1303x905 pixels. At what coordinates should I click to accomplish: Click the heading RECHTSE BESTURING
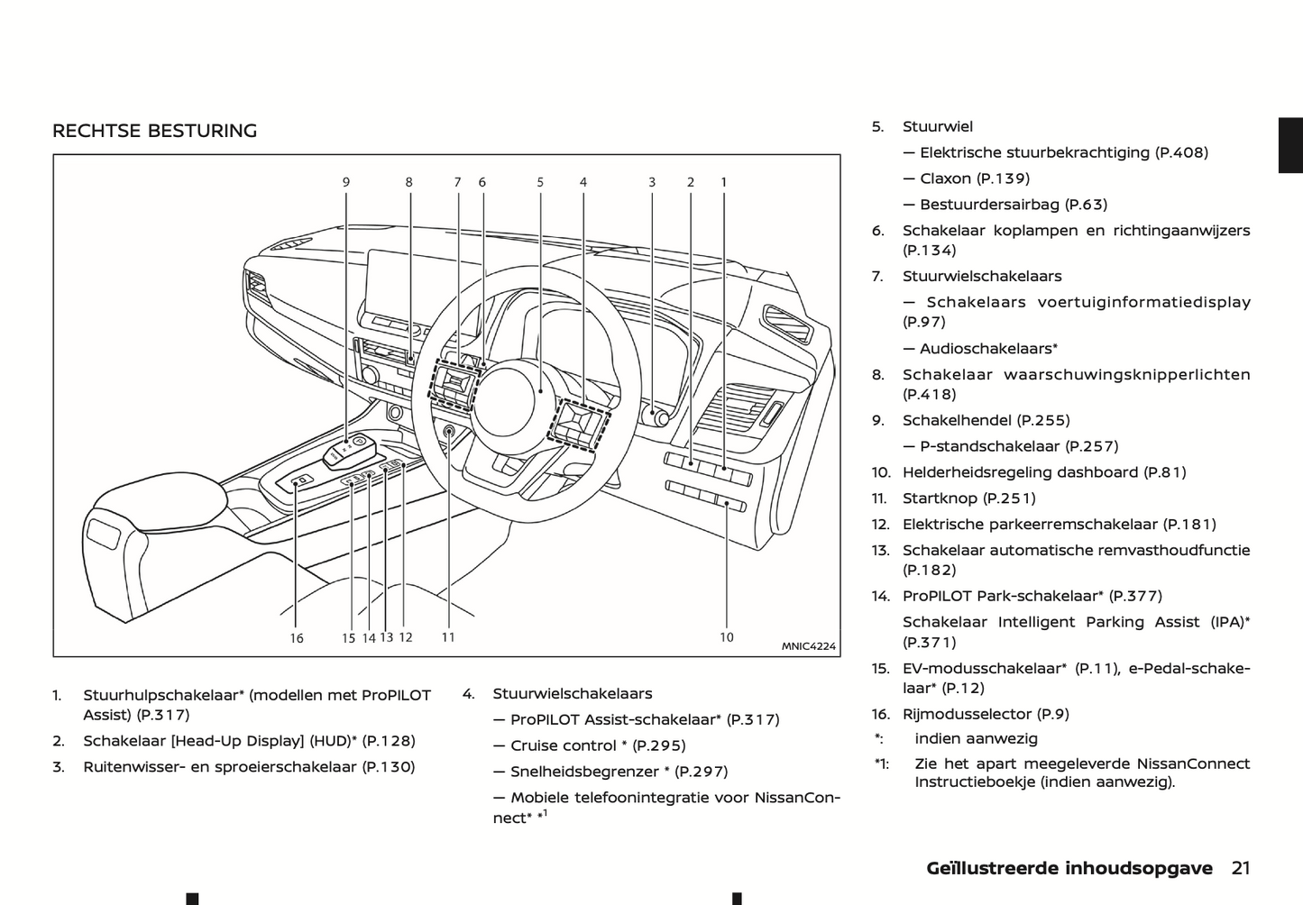[x=154, y=132]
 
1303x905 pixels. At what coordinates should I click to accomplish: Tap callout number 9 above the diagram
[x=346, y=182]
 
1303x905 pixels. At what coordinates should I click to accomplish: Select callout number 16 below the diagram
[x=297, y=638]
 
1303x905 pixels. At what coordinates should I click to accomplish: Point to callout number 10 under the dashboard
[x=727, y=637]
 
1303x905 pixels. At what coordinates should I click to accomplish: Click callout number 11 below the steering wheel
[x=448, y=637]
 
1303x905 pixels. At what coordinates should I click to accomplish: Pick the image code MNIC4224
[x=808, y=646]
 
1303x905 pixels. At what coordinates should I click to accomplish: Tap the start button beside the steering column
[x=449, y=433]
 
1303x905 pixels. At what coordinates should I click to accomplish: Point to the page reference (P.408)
[x=1181, y=153]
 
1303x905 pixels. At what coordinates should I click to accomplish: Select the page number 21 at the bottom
[x=1241, y=869]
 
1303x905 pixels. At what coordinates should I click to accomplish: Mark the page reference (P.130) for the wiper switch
[x=388, y=767]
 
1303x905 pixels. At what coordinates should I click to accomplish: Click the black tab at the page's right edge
[x=1290, y=144]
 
